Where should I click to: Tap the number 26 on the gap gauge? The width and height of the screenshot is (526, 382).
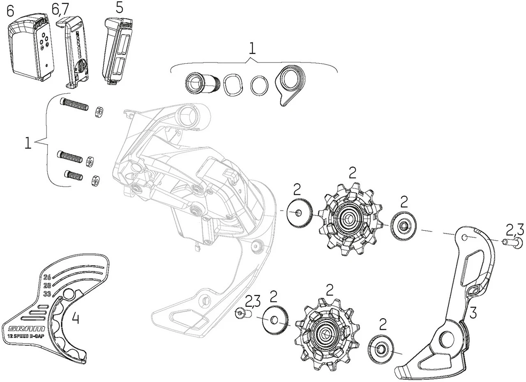(x=47, y=277)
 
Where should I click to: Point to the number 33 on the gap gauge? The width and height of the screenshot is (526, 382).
(x=47, y=294)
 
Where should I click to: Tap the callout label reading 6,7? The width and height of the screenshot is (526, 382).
(x=61, y=9)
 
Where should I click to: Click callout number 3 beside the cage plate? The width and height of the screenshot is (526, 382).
(x=473, y=313)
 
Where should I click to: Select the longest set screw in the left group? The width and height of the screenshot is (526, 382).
(x=74, y=104)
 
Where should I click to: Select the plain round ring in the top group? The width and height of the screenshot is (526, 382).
(x=259, y=85)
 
